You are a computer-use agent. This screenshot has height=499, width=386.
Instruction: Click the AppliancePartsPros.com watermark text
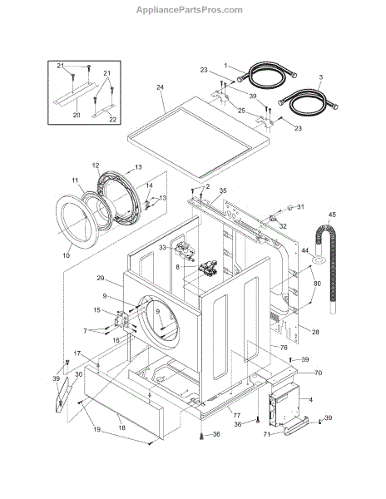coord(190,10)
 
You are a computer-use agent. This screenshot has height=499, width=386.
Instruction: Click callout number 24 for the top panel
coord(160,86)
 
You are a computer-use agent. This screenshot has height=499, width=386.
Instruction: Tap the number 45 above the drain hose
coord(332,215)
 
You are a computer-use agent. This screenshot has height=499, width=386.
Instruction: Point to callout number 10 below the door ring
coord(67,255)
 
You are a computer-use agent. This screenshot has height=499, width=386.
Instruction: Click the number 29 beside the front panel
coord(101,278)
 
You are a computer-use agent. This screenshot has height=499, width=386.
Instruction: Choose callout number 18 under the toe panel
coord(122,427)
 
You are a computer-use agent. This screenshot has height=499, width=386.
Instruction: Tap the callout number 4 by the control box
coord(311,399)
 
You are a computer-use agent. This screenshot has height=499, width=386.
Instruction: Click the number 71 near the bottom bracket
coord(267,434)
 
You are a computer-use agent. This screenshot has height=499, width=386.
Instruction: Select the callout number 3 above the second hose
coord(321,77)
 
